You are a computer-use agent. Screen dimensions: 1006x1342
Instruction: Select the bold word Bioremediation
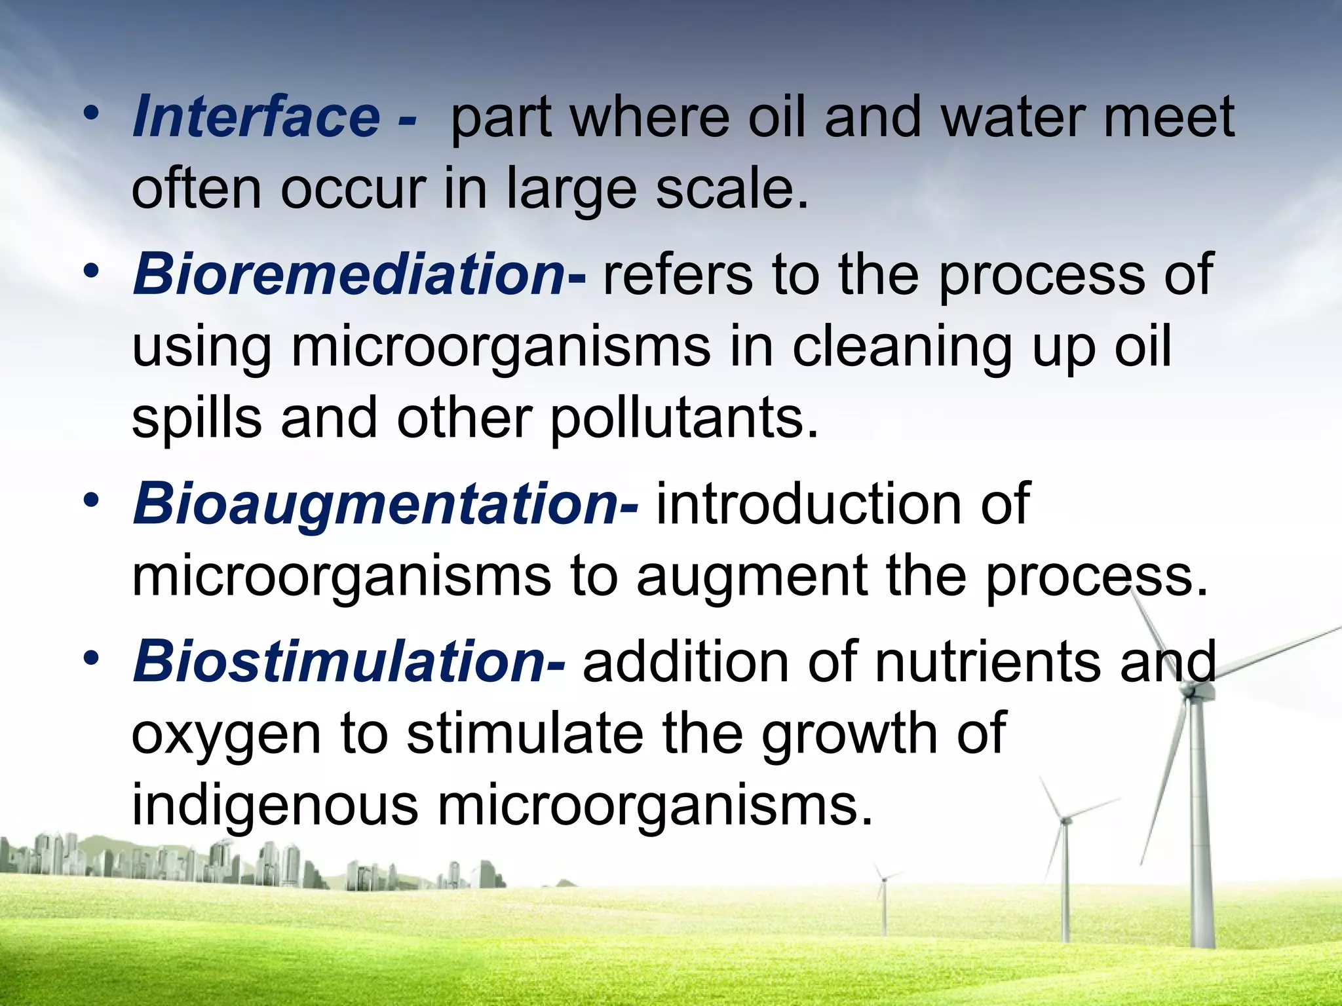click(x=348, y=275)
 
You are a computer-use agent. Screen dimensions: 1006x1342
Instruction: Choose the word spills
click(x=197, y=419)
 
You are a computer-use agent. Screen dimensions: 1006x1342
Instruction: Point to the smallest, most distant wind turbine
click(x=884, y=881)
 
